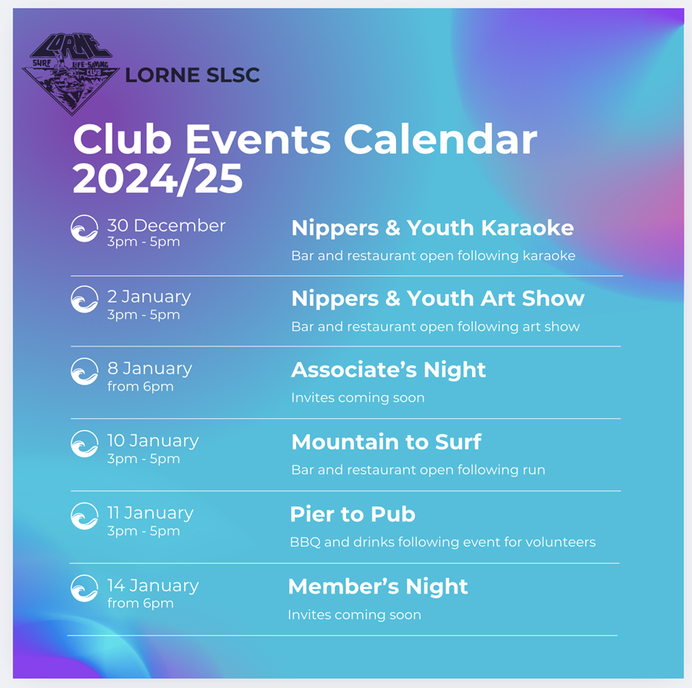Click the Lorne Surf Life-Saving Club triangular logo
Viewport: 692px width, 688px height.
point(71,74)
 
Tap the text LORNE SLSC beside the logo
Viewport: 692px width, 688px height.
point(192,75)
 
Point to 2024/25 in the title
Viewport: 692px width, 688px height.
point(158,178)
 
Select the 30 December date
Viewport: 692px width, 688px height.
point(166,225)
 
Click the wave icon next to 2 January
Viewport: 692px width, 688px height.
point(85,299)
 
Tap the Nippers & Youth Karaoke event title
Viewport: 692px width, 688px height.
point(432,228)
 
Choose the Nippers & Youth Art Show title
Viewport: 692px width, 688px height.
point(437,299)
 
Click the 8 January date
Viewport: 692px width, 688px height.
point(150,368)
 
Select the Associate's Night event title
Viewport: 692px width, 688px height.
point(388,370)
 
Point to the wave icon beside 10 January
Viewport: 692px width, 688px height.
point(85,444)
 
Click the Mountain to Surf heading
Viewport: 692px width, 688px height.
point(386,442)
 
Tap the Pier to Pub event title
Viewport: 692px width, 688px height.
point(353,514)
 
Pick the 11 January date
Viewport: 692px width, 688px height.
point(151,513)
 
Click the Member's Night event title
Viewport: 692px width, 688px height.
point(378,587)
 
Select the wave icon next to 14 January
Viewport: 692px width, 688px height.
point(85,588)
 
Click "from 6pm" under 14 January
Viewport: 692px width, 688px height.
point(141,603)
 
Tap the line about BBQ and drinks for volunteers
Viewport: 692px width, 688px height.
point(443,542)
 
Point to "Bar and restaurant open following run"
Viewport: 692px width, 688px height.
point(418,470)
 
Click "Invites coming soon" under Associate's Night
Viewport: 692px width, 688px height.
point(358,397)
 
